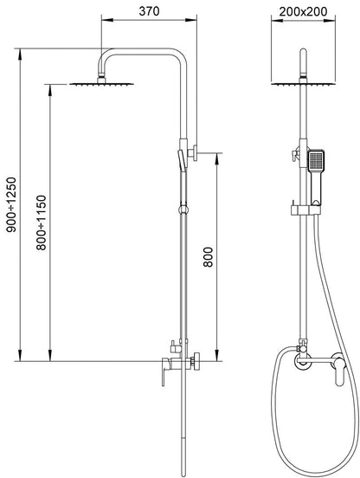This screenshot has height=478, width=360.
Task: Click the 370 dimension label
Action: click(x=149, y=11)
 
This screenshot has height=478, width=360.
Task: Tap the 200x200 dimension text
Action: click(x=304, y=11)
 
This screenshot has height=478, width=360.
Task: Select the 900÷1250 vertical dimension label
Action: click(x=11, y=204)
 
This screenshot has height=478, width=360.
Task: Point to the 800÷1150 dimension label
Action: click(x=42, y=223)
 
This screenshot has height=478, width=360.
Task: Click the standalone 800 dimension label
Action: click(x=208, y=257)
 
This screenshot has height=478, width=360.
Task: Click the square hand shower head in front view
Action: click(x=316, y=161)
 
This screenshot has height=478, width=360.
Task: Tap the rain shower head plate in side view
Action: click(x=102, y=84)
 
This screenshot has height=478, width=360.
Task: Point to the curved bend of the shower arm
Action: click(x=104, y=55)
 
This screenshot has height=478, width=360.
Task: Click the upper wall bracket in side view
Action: click(x=192, y=152)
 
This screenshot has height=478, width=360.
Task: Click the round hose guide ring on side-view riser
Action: click(x=183, y=210)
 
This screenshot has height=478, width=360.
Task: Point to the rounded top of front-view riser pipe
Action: click(x=303, y=51)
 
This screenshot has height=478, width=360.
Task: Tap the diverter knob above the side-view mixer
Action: click(x=174, y=346)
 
